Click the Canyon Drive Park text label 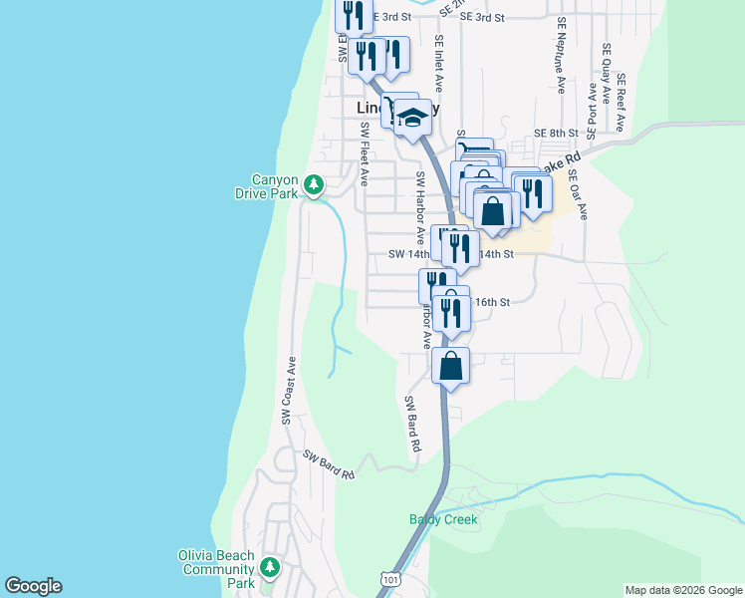pyautogui.click(x=275, y=186)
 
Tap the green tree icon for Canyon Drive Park pyautogui.click(x=314, y=184)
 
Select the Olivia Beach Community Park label pyautogui.click(x=216, y=569)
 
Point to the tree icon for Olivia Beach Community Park pyautogui.click(x=268, y=568)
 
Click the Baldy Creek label pyautogui.click(x=443, y=519)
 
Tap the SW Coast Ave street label pyautogui.click(x=289, y=391)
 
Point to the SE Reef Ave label pyautogui.click(x=621, y=103)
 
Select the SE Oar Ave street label pyautogui.click(x=579, y=193)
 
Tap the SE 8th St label pyautogui.click(x=556, y=133)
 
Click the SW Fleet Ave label pyautogui.click(x=365, y=154)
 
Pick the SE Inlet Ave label pyautogui.click(x=438, y=62)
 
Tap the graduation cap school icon pyautogui.click(x=411, y=121)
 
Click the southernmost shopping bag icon pyautogui.click(x=451, y=365)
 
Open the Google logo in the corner pyautogui.click(x=33, y=586)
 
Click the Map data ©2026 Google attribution pyautogui.click(x=682, y=590)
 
